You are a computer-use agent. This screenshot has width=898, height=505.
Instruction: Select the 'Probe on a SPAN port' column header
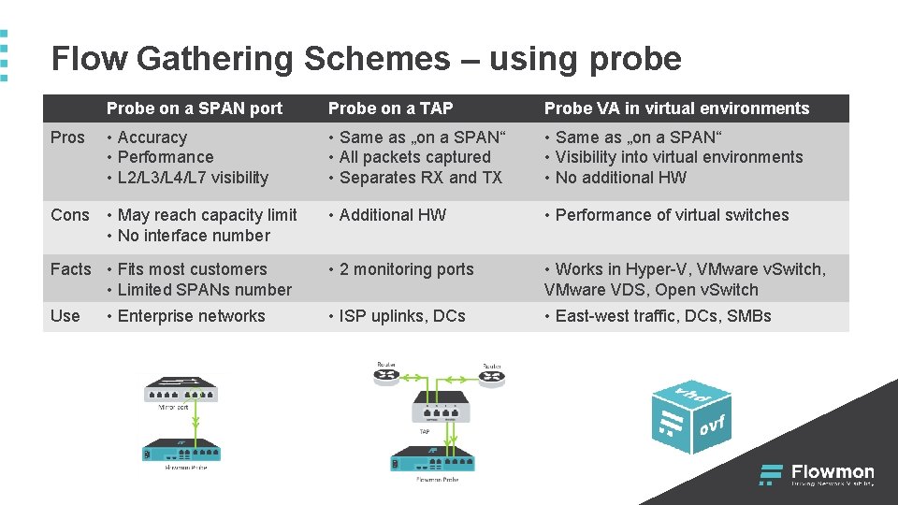point(194,108)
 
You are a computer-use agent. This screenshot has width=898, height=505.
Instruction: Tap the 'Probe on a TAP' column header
point(390,108)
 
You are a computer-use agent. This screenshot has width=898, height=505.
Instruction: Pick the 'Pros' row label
point(67,137)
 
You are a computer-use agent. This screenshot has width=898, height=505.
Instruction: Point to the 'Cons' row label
point(70,215)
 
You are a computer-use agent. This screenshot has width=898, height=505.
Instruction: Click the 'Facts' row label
point(71,269)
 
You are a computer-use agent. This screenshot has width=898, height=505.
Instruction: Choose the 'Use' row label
point(65,316)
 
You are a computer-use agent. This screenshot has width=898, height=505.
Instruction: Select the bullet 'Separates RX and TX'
point(421,178)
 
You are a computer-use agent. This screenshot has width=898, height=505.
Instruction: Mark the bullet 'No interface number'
point(194,236)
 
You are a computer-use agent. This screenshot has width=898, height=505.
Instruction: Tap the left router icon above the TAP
point(385,375)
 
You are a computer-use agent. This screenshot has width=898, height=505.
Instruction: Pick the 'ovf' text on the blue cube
point(712,427)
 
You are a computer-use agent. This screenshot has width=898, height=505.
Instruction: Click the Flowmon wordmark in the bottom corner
point(833,472)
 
